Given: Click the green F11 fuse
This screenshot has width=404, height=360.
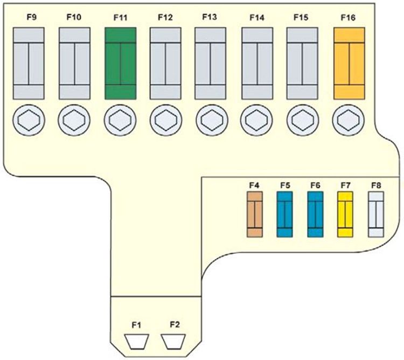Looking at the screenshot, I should tap(120, 64).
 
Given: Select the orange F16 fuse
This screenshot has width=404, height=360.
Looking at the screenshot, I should tap(350, 64).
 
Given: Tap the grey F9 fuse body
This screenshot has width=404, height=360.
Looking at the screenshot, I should tap(28, 64).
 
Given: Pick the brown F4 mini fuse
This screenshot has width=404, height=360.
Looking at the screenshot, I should tap(254, 216).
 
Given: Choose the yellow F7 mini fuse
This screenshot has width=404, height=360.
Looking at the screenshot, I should tap(345, 216).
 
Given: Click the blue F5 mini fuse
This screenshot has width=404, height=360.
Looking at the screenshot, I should tap(284, 216).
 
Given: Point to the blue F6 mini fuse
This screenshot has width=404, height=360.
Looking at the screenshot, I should tap(315, 216).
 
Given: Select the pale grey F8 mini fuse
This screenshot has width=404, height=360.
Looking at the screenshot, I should tap(375, 216).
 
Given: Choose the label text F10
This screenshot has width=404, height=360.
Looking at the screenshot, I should tap(74, 17).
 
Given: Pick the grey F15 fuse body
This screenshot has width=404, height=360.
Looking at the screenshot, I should tap(303, 64).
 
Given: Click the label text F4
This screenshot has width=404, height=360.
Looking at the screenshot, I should tap(254, 185).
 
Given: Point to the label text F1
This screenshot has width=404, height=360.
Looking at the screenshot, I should tap(136, 324).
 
